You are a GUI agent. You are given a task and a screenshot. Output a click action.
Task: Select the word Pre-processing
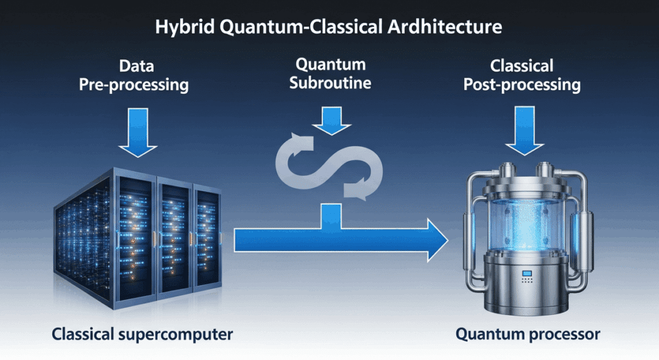pyautogui.click(x=134, y=85)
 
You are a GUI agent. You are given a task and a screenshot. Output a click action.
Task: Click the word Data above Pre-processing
pyautogui.click(x=135, y=66)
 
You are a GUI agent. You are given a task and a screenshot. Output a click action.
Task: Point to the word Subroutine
pyautogui.click(x=330, y=83)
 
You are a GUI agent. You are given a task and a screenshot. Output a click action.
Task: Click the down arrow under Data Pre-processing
pyautogui.click(x=138, y=133)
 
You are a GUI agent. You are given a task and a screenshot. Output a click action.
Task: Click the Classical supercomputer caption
pyautogui.click(x=142, y=335)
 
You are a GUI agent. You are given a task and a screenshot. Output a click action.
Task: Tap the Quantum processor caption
pyautogui.click(x=527, y=334)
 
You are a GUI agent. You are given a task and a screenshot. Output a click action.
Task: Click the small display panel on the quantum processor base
pyautogui.click(x=526, y=276)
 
